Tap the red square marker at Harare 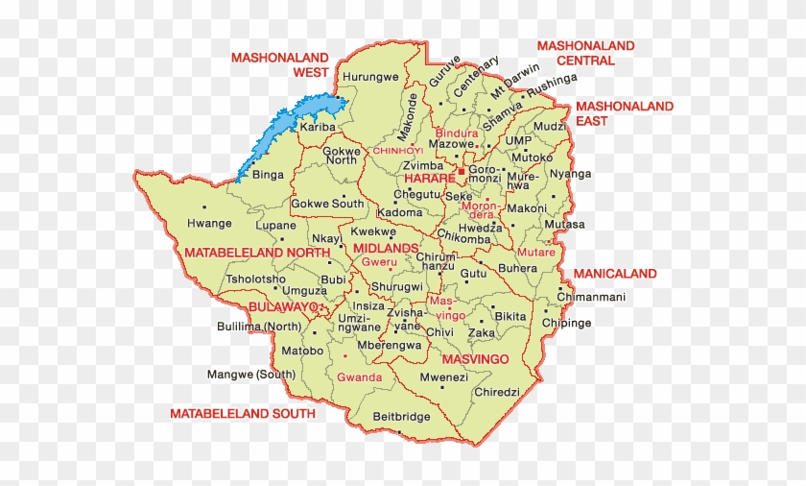[461, 172]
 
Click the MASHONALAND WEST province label [279, 64]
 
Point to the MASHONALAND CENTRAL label [585, 53]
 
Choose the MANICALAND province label [615, 274]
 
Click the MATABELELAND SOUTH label [242, 414]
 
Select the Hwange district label [208, 224]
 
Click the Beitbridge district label [401, 417]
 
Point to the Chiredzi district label [496, 392]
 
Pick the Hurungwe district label [370, 77]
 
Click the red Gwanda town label [359, 377]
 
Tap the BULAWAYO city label [282, 306]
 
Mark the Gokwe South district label [327, 204]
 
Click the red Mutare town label [535, 253]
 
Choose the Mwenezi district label [443, 377]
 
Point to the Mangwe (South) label [251, 375]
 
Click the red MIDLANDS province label [386, 248]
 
